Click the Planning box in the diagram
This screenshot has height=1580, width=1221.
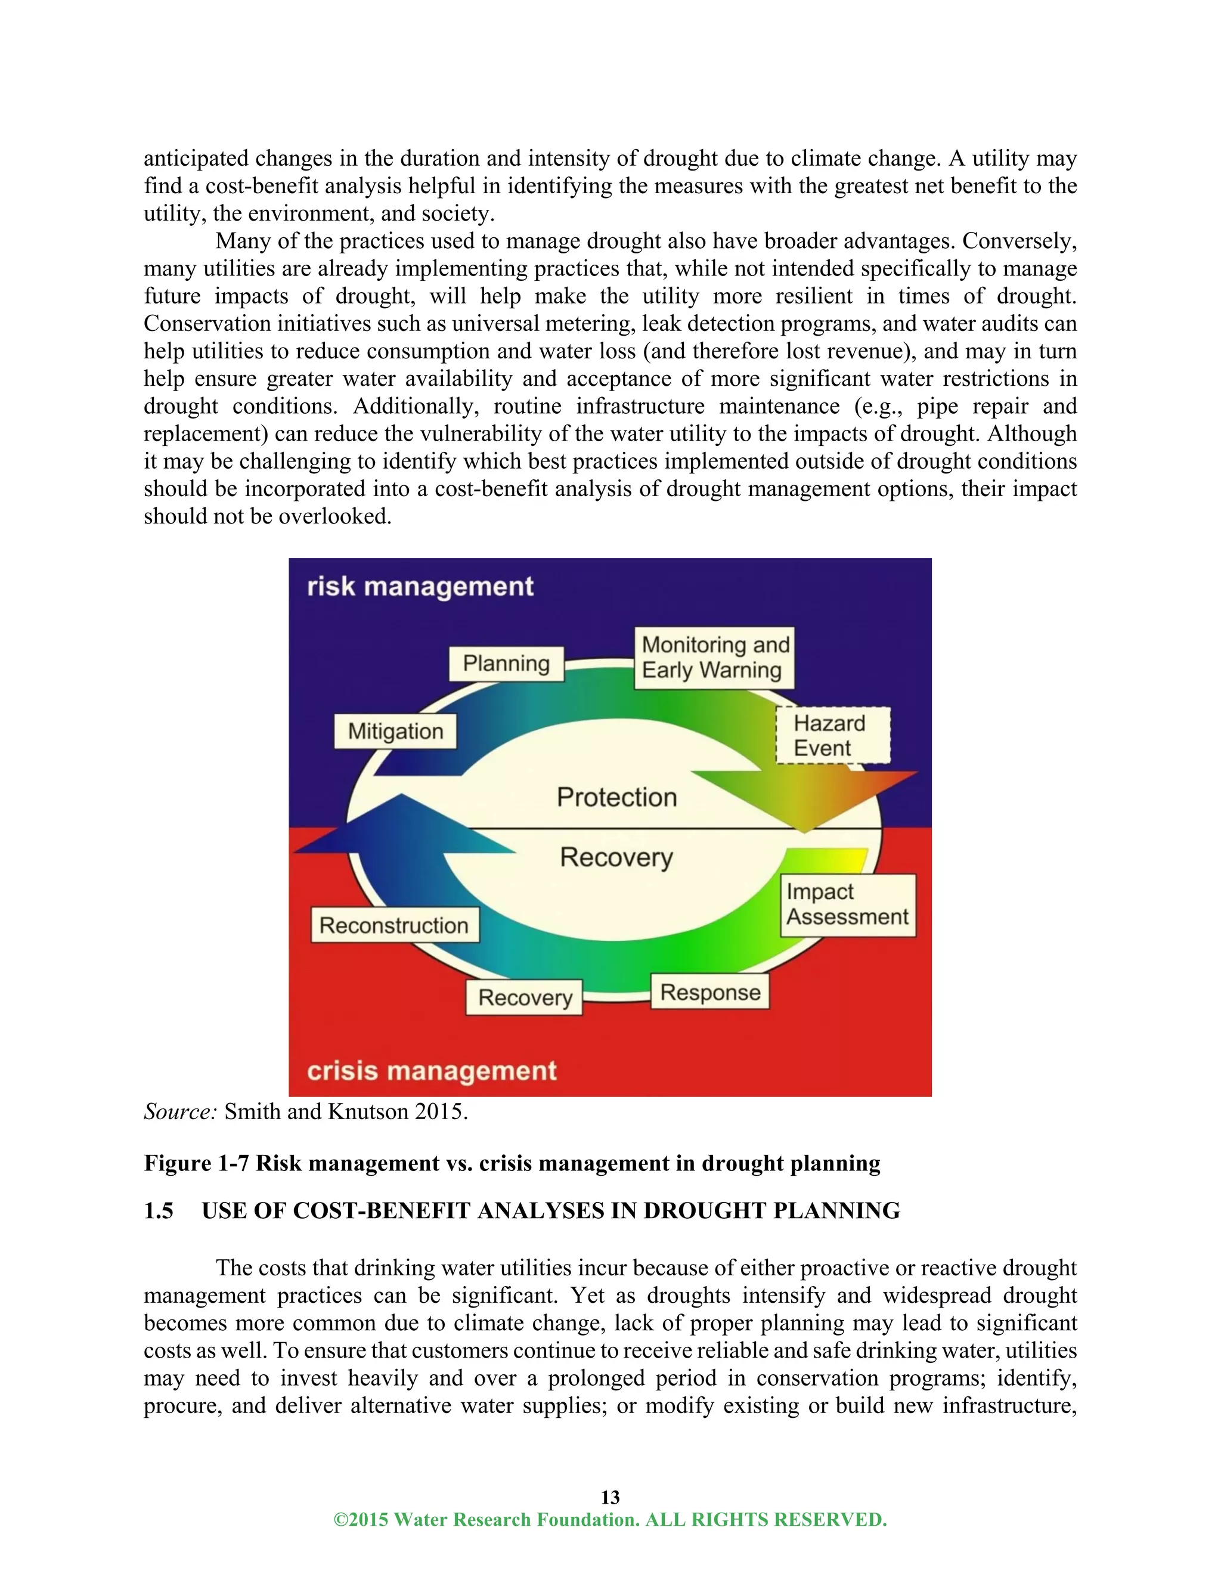tap(506, 664)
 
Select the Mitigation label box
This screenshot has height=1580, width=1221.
tap(395, 732)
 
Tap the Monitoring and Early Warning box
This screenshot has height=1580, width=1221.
tap(714, 658)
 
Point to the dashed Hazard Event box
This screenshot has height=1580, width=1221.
tap(832, 736)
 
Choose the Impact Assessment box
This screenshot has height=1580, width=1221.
tap(848, 905)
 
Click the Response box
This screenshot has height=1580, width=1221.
tap(710, 993)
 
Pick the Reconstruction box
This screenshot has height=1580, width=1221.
tap(395, 925)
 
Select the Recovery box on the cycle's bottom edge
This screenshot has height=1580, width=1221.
tap(525, 997)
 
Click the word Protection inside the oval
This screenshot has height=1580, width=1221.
tap(617, 797)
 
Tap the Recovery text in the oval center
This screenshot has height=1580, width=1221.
tap(617, 857)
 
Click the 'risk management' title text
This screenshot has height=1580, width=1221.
tap(420, 587)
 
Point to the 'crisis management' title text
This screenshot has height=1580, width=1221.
tap(432, 1071)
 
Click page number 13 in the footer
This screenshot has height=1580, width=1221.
tap(610, 1497)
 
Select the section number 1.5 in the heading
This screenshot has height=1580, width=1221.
tap(159, 1211)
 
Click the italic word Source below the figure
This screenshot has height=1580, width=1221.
tap(179, 1111)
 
